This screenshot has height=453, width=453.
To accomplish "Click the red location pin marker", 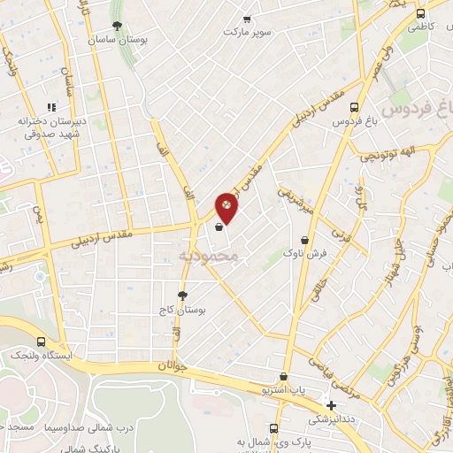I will pyautogui.click(x=227, y=208).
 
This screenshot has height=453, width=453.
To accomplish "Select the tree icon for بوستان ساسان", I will pyautogui.click(x=118, y=27).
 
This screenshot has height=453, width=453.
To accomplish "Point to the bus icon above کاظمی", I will pyautogui.click(x=420, y=13).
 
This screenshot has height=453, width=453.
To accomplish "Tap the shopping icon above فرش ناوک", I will pyautogui.click(x=305, y=239).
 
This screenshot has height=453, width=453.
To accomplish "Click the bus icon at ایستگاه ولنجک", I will pyautogui.click(x=41, y=341).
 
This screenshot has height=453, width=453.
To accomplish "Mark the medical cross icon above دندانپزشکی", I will pyautogui.click(x=331, y=405).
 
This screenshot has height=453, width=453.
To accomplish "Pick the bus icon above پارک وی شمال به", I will pyautogui.click(x=273, y=427).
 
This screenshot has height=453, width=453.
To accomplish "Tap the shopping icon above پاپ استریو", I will pyautogui.click(x=283, y=376).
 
